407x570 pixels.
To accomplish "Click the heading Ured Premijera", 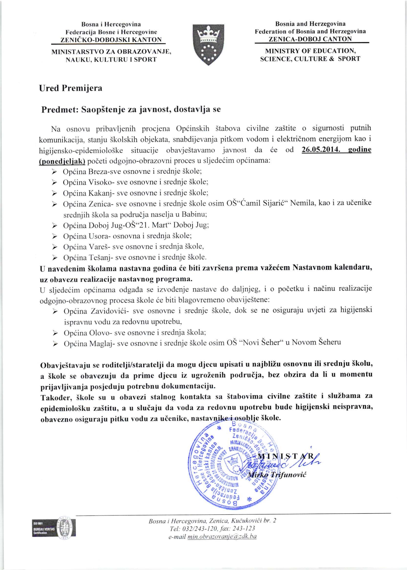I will coord(71,88).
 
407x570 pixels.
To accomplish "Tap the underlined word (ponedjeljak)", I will coord(62,161).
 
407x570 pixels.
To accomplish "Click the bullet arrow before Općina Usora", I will coord(54,236).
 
